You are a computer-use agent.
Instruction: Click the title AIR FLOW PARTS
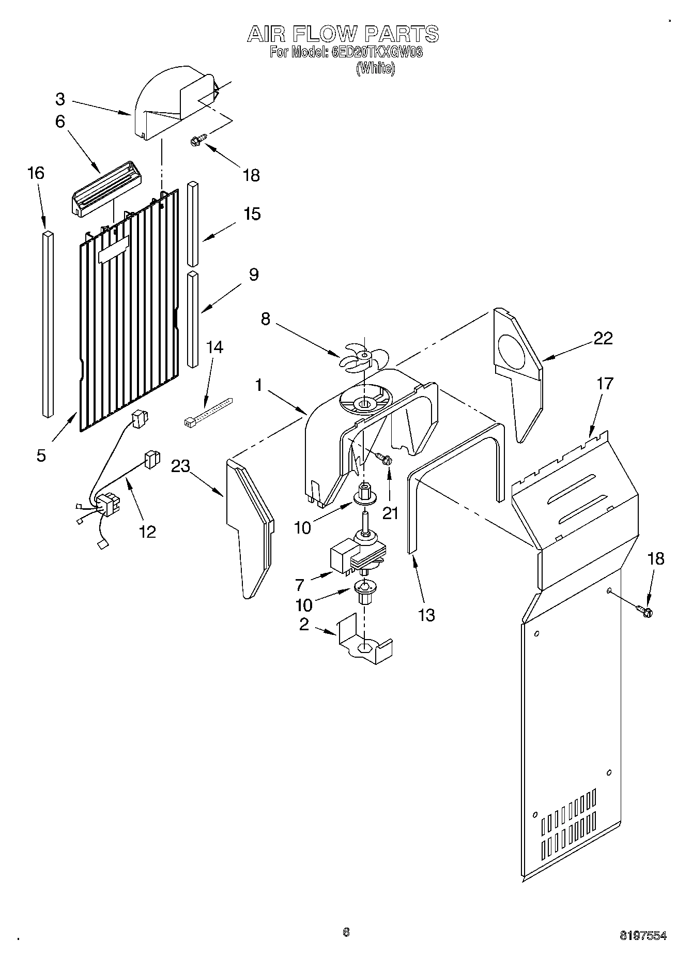pos(343,34)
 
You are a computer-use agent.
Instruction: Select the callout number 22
pos(603,338)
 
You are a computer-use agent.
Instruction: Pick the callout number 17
pos(605,384)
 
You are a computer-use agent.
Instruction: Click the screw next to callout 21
pos(383,458)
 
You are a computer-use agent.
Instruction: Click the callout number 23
pos(181,466)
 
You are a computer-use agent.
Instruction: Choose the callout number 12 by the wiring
pos(147,531)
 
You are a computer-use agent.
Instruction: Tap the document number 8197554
pos(643,935)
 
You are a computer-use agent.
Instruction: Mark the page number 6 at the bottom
pos(346,932)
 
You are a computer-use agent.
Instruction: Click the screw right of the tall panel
pos(645,612)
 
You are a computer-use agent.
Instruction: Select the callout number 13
pos(426,615)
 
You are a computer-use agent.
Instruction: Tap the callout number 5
pos(41,455)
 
